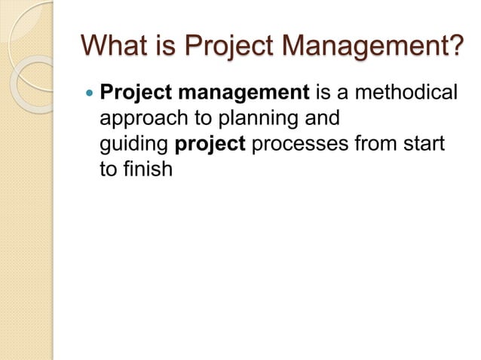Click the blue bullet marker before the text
coord(89,93)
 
